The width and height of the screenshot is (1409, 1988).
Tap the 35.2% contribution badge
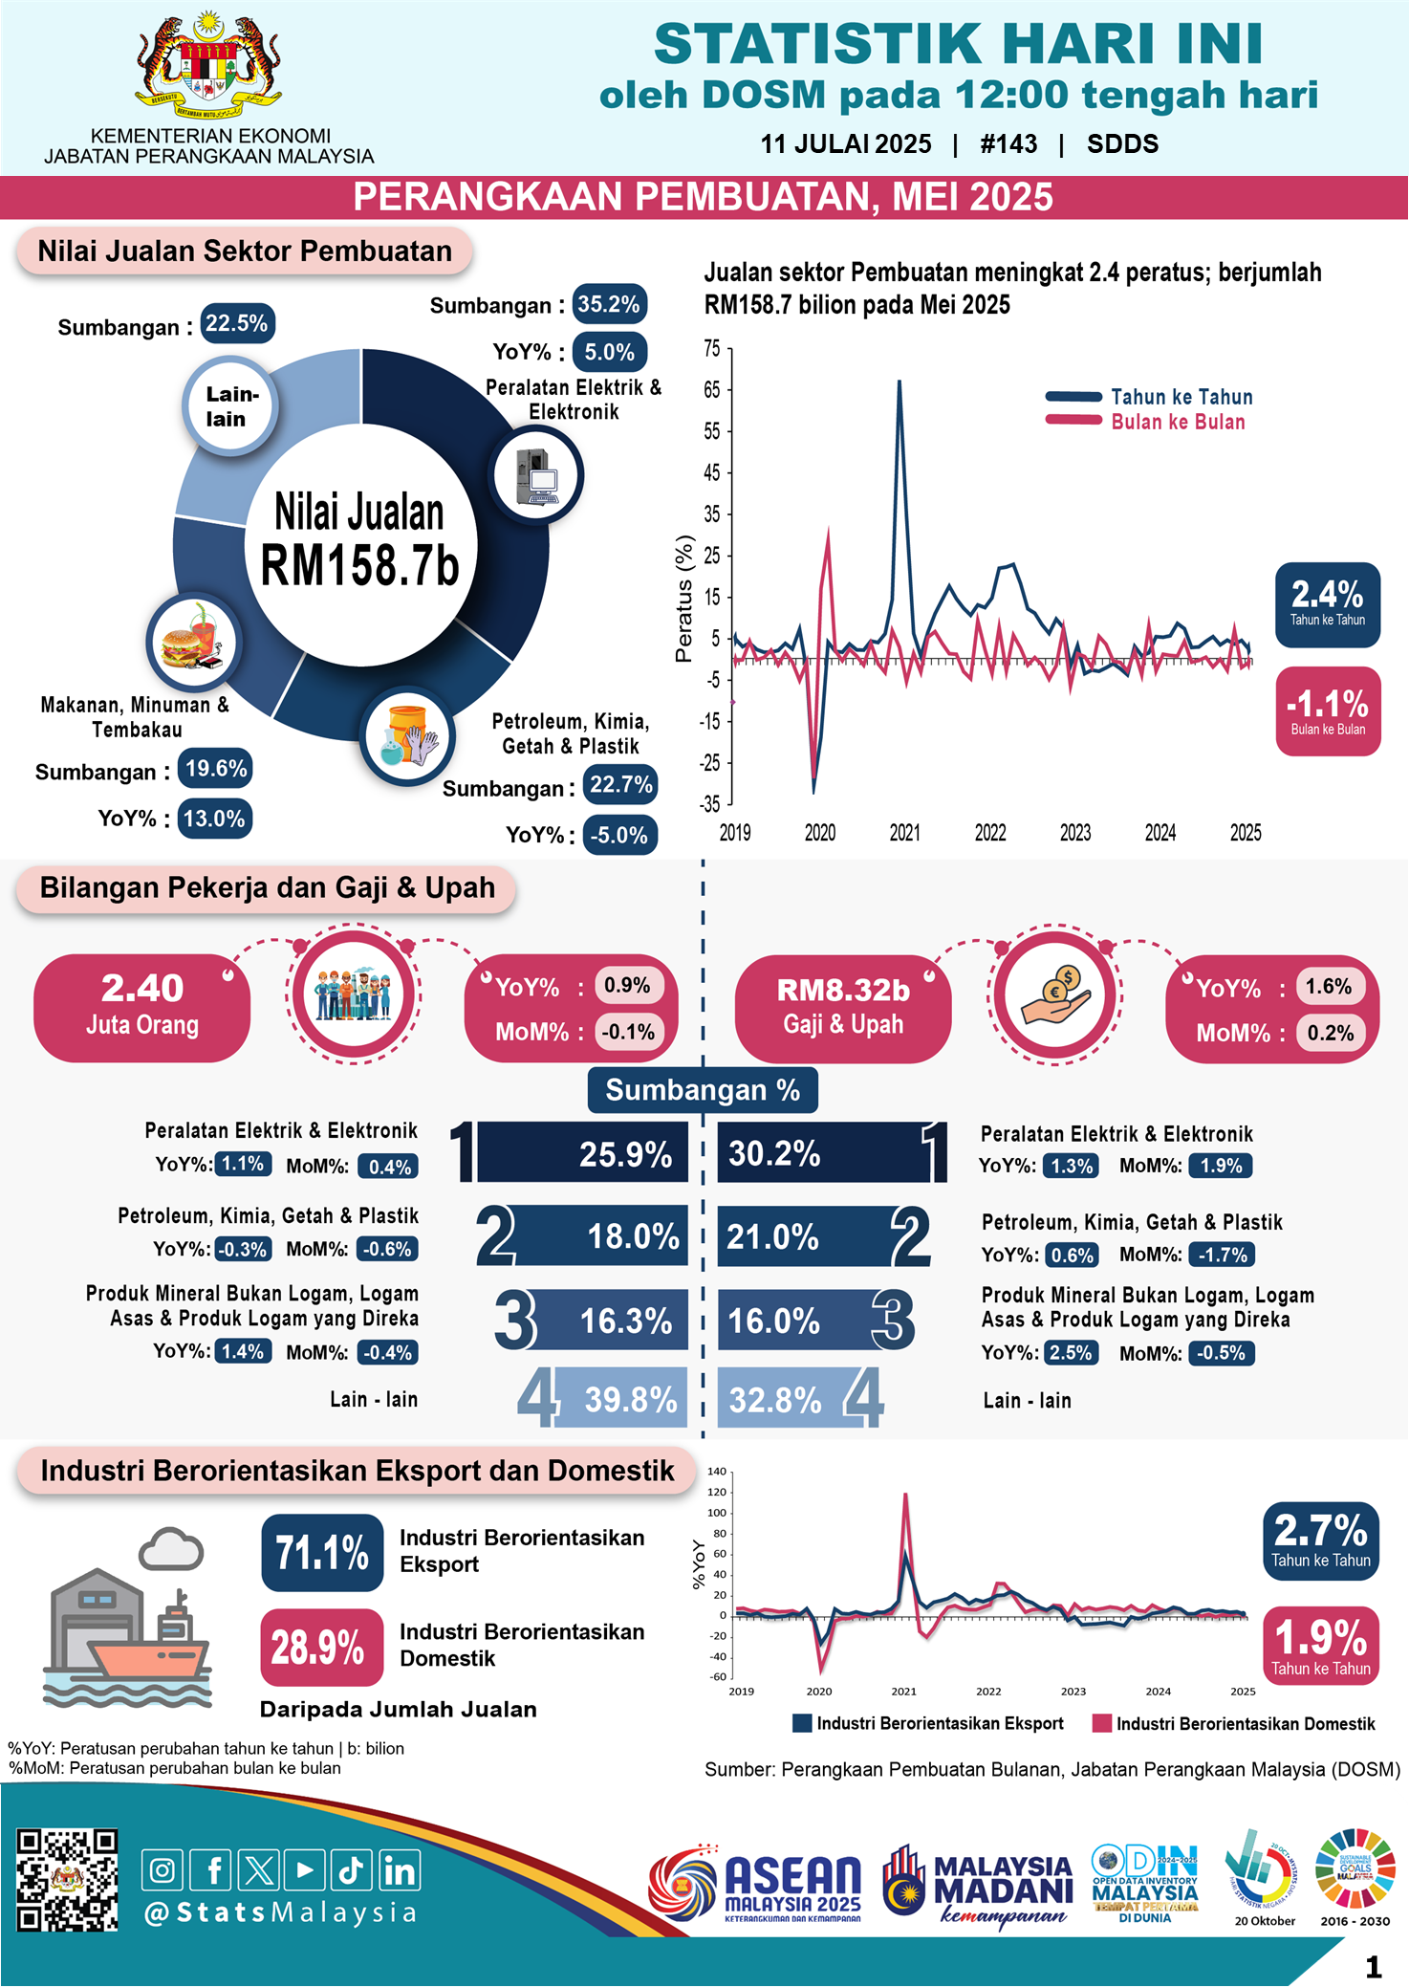coord(609,304)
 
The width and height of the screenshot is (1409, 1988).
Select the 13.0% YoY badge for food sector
coord(214,819)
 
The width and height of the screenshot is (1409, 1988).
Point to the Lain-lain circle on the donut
coord(229,406)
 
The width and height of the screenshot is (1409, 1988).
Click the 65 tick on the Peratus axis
coord(712,390)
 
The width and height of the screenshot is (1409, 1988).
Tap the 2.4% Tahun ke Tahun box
coord(1327,604)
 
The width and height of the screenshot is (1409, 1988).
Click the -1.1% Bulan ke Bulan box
coord(1327,711)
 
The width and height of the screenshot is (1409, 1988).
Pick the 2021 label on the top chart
coord(904,833)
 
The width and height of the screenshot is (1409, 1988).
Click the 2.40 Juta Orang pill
coord(142,1007)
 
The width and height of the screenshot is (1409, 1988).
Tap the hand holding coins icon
coord(1054,994)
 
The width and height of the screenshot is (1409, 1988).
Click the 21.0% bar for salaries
coord(803,1236)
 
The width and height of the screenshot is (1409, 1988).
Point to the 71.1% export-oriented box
coord(322,1552)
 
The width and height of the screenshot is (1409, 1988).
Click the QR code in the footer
coord(67,1880)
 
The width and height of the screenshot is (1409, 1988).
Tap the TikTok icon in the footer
coord(351,1870)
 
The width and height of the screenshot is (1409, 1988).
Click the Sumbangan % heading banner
coord(703,1090)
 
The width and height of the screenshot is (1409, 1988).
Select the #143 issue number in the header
coord(1008,144)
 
